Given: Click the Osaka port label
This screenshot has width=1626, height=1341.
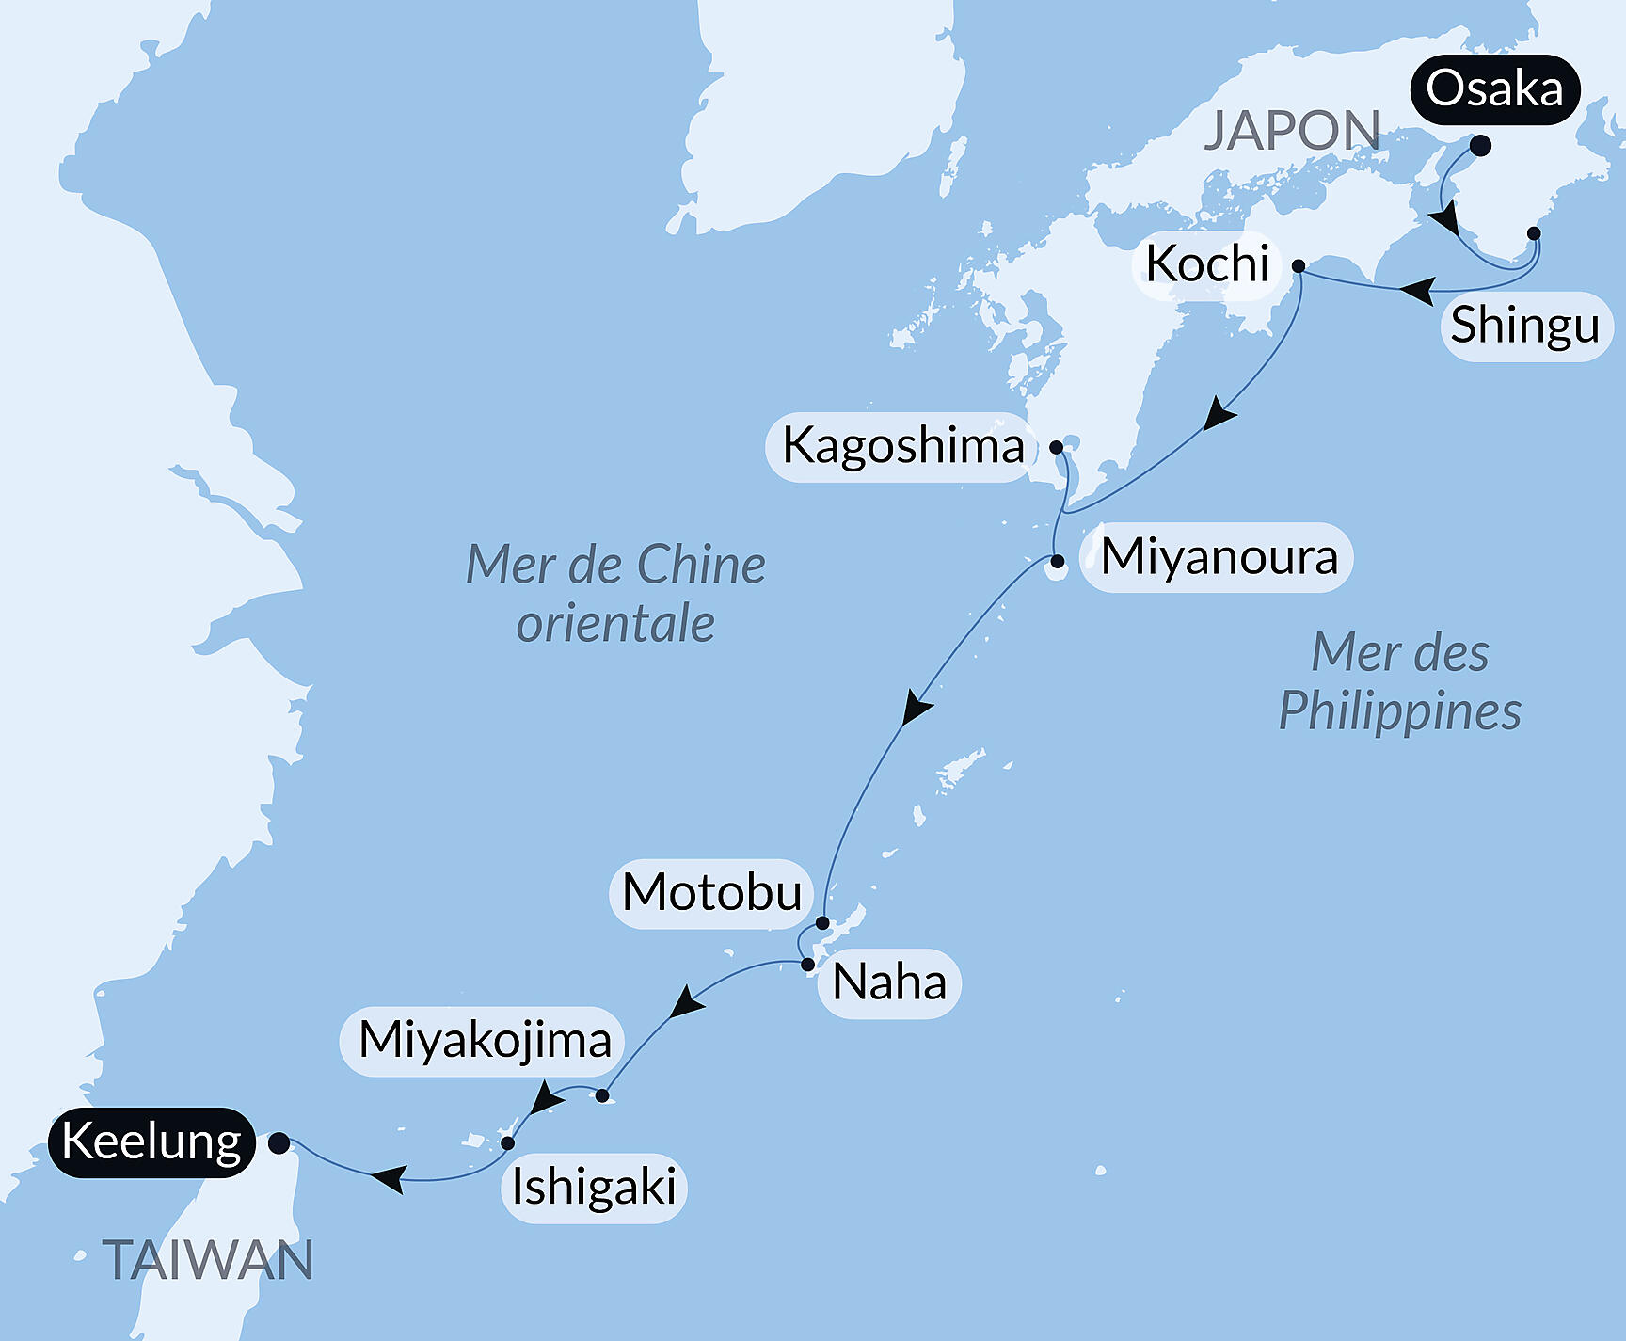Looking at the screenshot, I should [1494, 89].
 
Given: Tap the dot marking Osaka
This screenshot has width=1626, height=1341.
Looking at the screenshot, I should [1480, 146].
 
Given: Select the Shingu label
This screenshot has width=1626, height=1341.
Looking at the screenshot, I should [1525, 326].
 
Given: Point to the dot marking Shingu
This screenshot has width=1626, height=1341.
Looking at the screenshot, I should [1534, 233].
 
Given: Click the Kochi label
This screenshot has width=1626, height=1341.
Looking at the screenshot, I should [1207, 264].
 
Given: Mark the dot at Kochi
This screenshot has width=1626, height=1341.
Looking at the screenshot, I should [1299, 266].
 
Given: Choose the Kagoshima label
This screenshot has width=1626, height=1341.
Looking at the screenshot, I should [902, 446].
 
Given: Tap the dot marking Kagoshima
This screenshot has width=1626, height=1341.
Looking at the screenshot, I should [1057, 447].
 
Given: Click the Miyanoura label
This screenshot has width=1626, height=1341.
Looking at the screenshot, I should [1219, 557].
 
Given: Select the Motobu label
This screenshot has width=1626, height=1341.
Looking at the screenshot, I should [712, 893].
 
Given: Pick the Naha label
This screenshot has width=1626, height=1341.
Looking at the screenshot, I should [889, 983].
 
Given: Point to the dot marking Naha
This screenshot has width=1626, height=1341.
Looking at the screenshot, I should [807, 965].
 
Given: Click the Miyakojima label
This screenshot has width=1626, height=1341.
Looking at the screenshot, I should [485, 1041].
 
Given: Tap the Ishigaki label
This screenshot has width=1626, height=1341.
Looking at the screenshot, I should [594, 1188].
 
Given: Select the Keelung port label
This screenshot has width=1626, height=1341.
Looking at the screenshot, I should [151, 1142].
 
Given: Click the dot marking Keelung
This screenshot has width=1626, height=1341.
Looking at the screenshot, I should [279, 1143].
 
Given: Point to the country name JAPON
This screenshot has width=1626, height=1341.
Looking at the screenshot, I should [1292, 131].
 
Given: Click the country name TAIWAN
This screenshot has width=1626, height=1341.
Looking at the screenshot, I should [208, 1261].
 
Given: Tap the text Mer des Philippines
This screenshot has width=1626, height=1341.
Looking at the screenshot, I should [1399, 682].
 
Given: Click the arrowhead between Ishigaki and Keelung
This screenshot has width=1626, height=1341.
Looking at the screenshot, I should [389, 1177].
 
